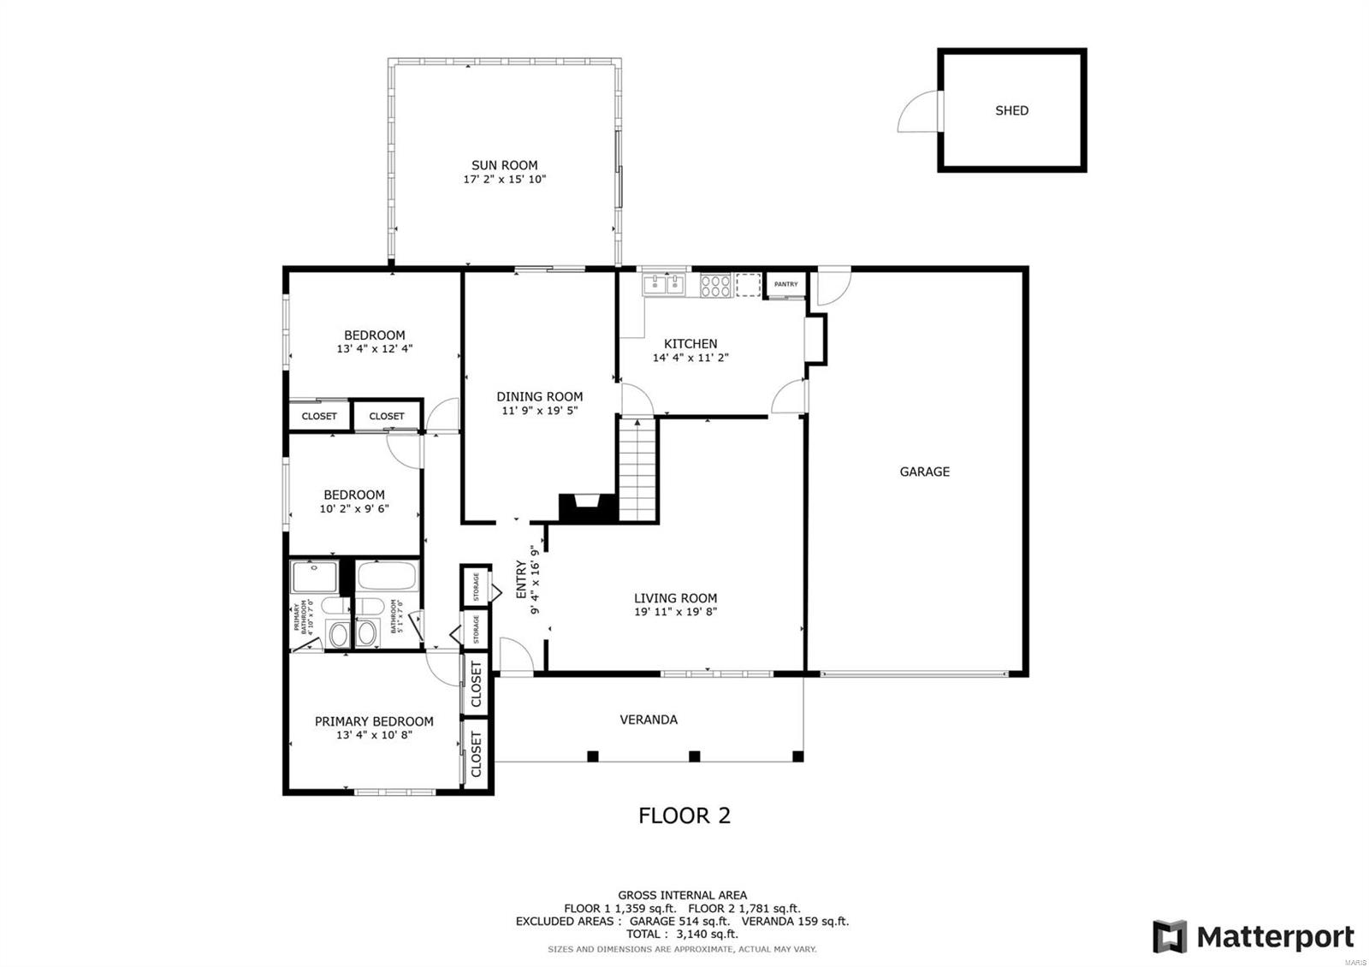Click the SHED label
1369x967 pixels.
point(1011,110)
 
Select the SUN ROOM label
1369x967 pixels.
point(504,165)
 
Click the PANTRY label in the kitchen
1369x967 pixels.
point(785,284)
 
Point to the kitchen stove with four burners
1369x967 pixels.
point(715,285)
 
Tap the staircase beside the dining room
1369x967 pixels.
point(637,471)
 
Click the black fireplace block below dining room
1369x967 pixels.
point(588,507)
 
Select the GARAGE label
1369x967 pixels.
point(924,472)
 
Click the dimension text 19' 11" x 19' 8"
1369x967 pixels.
point(675,612)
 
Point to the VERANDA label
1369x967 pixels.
point(649,720)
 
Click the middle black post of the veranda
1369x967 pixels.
point(695,756)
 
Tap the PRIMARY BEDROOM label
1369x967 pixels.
point(374,721)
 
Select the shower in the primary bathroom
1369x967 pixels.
point(314,577)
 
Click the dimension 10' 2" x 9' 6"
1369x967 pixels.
point(354,508)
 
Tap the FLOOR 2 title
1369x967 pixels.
point(684,816)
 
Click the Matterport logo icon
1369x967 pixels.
point(1170,936)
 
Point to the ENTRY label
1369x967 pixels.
point(521,579)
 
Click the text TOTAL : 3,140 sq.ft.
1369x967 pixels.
point(682,934)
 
